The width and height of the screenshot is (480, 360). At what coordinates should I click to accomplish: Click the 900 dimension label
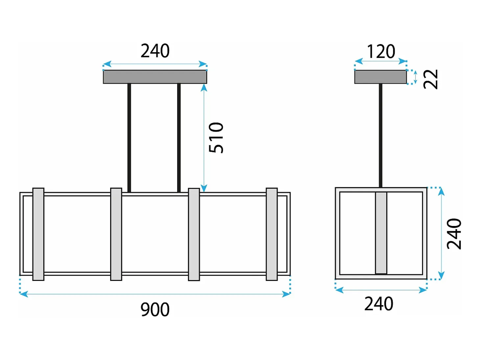(155, 309)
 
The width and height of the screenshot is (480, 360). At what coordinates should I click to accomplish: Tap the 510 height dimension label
(216, 138)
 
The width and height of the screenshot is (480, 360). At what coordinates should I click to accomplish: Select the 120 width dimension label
(381, 52)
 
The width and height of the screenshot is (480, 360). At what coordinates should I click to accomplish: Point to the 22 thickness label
(431, 79)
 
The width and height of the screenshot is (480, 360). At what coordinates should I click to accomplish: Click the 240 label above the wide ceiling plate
(155, 51)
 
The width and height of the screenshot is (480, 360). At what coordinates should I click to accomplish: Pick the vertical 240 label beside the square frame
(454, 234)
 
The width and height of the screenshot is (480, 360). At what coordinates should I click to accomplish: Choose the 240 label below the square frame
(379, 304)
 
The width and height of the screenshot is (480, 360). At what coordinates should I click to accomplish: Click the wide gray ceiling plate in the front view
(155, 77)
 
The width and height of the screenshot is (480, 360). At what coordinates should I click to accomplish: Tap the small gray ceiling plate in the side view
(380, 77)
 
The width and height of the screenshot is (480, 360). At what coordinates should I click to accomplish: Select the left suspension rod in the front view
(129, 138)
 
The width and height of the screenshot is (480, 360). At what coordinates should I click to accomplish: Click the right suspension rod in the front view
(179, 138)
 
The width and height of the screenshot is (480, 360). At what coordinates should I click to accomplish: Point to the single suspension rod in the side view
(380, 136)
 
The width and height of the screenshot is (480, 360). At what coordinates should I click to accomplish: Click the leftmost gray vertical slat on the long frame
(38, 234)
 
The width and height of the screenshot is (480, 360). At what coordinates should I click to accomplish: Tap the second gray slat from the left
(116, 234)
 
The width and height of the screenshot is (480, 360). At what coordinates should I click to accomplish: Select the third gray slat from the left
(194, 235)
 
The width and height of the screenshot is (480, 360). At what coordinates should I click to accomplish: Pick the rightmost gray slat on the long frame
(272, 234)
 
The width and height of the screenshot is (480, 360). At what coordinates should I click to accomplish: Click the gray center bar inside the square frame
(381, 233)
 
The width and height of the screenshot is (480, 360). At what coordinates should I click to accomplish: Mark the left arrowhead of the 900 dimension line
(24, 294)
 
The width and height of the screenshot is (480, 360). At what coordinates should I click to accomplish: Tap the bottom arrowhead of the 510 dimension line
(204, 188)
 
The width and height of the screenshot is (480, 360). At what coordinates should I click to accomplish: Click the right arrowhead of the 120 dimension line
(403, 61)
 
